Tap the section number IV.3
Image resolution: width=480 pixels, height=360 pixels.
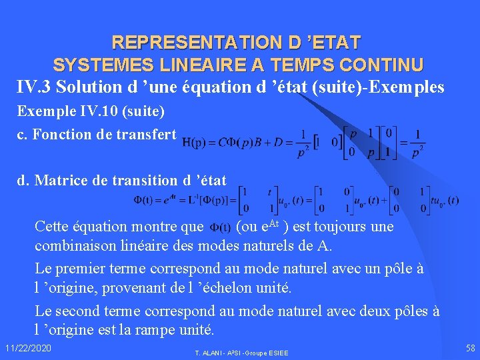click(35, 87)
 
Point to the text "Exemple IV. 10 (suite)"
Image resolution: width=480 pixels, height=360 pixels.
click(90, 110)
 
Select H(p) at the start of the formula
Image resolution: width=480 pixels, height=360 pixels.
click(195, 142)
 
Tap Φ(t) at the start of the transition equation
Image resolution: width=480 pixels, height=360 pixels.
click(145, 199)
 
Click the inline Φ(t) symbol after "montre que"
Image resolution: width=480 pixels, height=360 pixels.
click(221, 227)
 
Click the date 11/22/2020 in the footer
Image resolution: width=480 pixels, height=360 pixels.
click(27, 349)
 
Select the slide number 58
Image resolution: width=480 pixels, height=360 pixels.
click(470, 348)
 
